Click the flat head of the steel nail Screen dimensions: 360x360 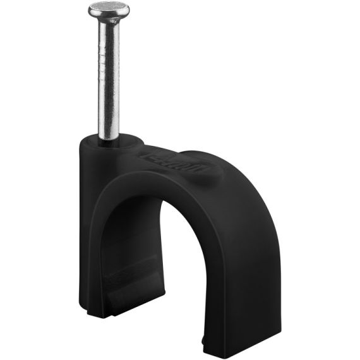click(109, 9)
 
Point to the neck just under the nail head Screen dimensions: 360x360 click(109, 23)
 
